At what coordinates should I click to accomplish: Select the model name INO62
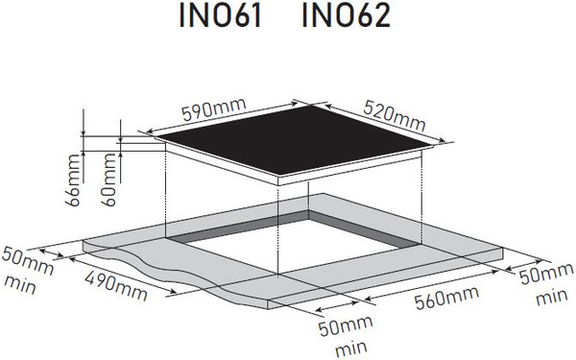347,19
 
